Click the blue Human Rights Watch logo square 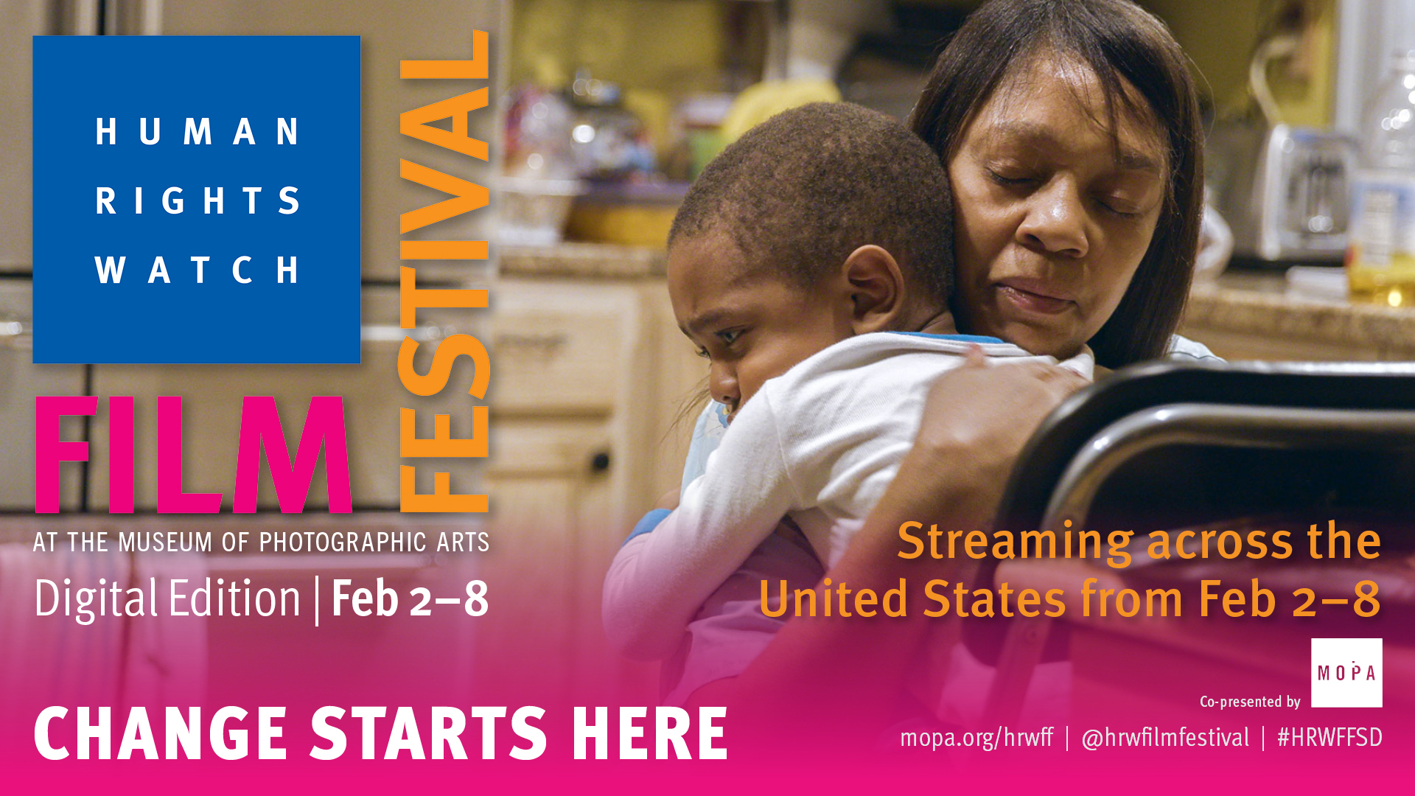(x=197, y=199)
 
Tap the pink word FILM (x=193, y=455)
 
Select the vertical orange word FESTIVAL (x=444, y=271)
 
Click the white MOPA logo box (x=1346, y=673)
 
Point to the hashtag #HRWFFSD (x=1330, y=738)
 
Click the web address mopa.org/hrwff (x=976, y=738)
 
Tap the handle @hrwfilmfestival (x=1165, y=738)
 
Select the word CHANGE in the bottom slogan (x=161, y=733)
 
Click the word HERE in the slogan (x=649, y=733)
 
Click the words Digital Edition (x=167, y=598)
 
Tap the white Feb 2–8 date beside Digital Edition (x=410, y=598)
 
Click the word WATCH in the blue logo (x=197, y=270)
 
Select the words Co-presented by (x=1250, y=702)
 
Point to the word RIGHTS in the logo (x=197, y=200)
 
